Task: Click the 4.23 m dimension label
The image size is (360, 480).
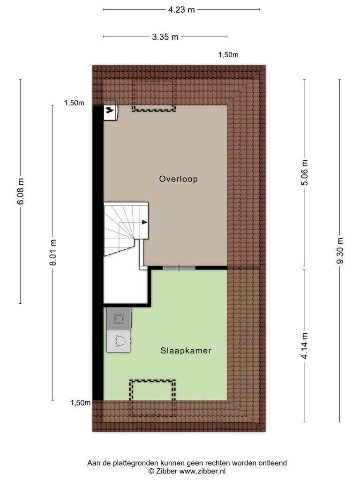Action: [x=181, y=10]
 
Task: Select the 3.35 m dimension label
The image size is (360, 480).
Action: [x=165, y=37]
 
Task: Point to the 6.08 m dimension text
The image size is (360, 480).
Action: [x=21, y=191]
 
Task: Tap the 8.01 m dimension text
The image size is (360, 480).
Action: [x=53, y=253]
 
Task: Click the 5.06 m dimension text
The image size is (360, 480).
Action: [x=305, y=172]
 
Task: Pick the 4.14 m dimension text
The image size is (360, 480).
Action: [x=305, y=345]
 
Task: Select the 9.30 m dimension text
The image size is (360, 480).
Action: [x=340, y=250]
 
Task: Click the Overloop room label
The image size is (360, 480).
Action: [x=179, y=179]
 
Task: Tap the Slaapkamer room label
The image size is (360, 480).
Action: [x=186, y=351]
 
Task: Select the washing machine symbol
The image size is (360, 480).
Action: [x=119, y=319]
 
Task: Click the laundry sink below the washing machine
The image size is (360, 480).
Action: [x=119, y=341]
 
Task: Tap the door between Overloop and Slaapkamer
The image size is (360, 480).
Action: [x=179, y=268]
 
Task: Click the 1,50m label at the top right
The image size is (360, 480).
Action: [x=228, y=55]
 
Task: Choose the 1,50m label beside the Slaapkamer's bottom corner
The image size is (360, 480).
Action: [x=81, y=403]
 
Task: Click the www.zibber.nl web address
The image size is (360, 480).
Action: [x=202, y=472]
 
